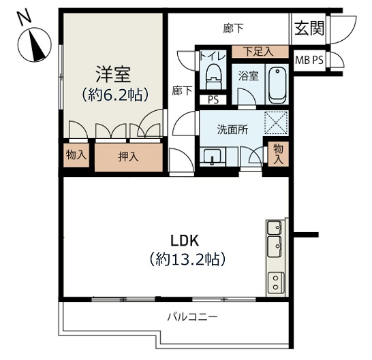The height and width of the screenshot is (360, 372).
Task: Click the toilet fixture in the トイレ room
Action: pos(213,76)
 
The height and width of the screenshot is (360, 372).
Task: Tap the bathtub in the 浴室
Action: pos(277,85)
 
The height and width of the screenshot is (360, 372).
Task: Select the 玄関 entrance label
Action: pos(309,29)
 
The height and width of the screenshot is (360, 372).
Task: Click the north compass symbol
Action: pos(35,45)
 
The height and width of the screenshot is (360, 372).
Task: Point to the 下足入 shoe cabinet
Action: pos(260,52)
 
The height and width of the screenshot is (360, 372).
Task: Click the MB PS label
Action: pos(309,60)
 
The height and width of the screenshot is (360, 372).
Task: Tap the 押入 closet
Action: pos(129,157)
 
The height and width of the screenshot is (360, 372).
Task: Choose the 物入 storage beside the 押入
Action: pos(76,155)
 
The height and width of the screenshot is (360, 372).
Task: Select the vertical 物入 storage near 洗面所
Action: pos(278,154)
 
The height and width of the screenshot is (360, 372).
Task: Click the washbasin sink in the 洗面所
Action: pos(213,156)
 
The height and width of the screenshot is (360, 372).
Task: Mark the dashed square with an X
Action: pos(276,123)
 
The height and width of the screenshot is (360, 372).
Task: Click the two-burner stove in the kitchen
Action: pos(276,282)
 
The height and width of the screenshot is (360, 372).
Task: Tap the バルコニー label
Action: pos(192,317)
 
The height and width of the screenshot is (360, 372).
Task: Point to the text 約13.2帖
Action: pos(187,259)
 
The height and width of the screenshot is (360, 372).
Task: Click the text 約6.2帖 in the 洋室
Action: pos(115,95)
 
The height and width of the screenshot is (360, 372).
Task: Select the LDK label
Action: pos(185,240)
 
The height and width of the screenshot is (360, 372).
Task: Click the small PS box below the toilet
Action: pos(213,100)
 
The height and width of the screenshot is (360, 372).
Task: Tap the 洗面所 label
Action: pos(233,129)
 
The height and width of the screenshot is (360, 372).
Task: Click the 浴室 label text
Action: pos(249,76)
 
